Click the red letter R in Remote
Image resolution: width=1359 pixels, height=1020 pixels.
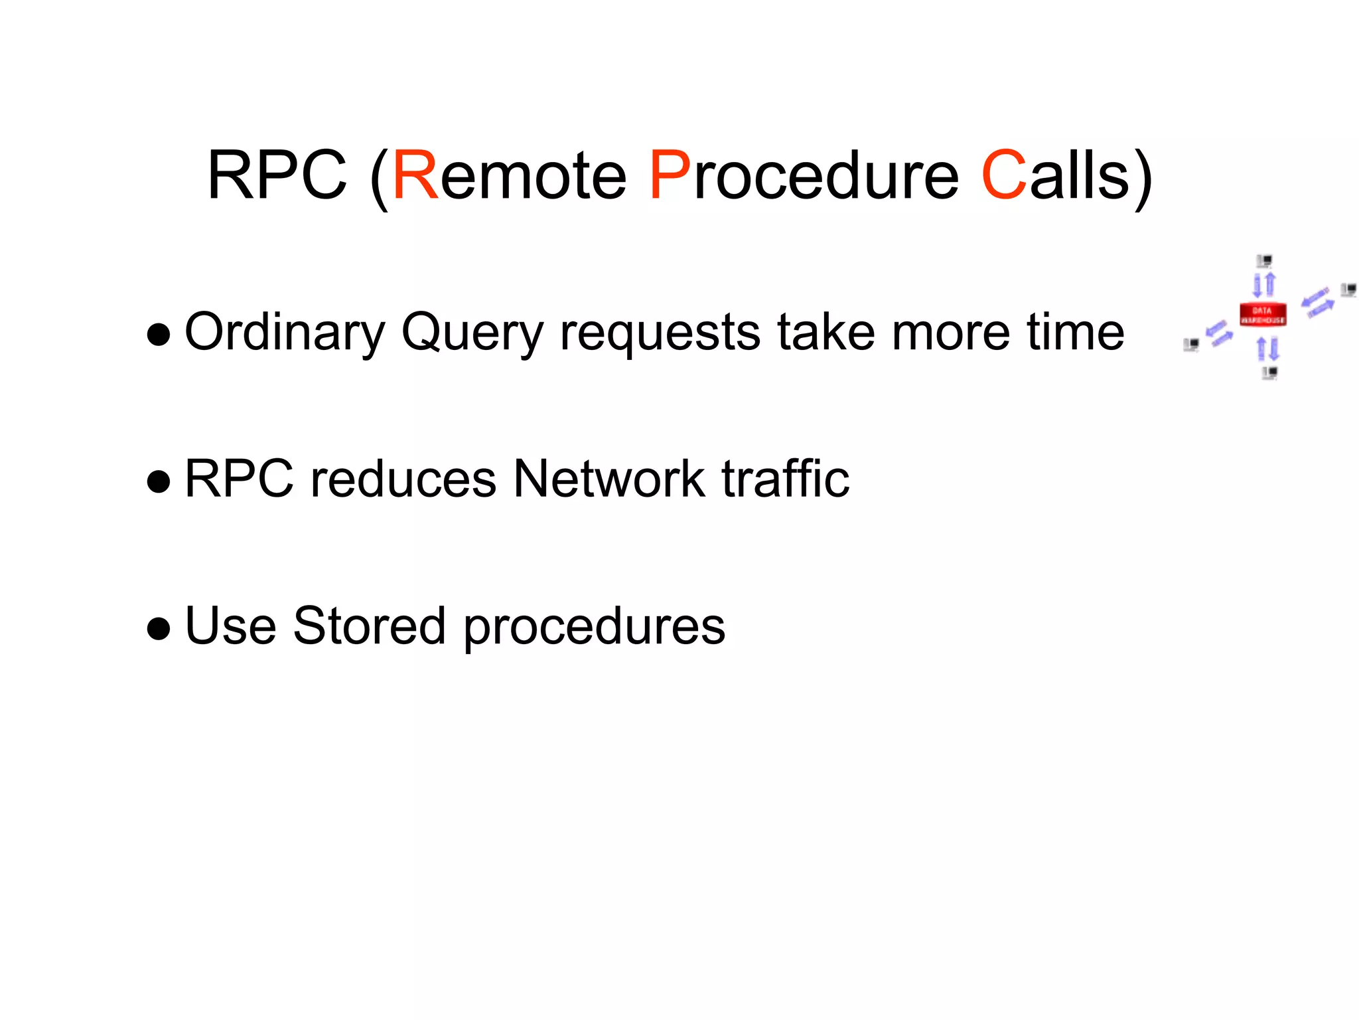point(415,175)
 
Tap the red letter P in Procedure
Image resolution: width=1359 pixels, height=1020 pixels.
point(670,175)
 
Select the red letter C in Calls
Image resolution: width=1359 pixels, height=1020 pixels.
point(1003,175)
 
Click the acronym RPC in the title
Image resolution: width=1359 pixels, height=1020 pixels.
point(277,175)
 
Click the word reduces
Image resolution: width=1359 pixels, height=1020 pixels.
point(403,479)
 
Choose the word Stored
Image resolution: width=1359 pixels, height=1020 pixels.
point(369,626)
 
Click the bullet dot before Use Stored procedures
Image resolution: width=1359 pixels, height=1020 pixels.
point(159,628)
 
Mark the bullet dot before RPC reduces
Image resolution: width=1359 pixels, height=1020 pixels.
point(159,481)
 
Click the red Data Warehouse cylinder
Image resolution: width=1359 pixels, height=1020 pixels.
point(1262,314)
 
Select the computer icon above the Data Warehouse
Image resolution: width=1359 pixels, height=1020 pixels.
point(1264,261)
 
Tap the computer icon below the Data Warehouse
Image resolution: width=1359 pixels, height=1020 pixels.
point(1269,373)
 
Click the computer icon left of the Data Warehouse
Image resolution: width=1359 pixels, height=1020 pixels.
point(1191,345)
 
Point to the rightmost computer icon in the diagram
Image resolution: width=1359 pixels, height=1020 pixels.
point(1348,290)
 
